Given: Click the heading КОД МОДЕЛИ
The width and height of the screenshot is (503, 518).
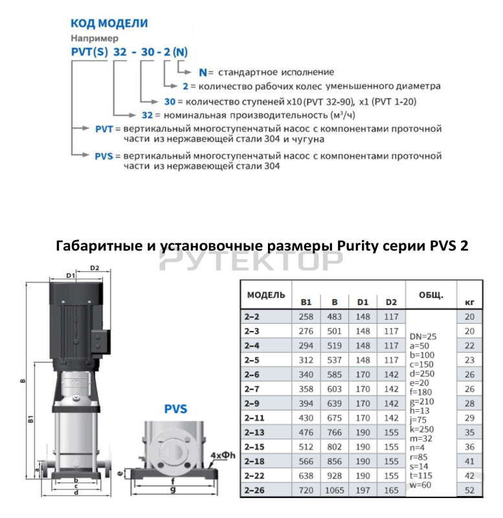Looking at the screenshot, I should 109,23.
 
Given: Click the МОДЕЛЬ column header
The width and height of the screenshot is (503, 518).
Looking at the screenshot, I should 265,295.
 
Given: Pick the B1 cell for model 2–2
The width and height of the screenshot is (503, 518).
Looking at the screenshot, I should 306,316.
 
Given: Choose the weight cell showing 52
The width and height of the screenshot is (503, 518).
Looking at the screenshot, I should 470,491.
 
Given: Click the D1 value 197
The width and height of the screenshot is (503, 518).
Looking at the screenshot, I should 363,491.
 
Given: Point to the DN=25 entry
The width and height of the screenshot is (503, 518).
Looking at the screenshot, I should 424,337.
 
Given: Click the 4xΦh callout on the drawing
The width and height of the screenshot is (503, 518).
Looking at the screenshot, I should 222,455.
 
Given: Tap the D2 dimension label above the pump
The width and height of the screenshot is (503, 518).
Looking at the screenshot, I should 94,267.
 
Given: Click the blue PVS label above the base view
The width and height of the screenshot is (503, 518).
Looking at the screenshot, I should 175,409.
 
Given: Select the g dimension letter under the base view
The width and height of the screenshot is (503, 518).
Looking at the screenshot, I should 172,490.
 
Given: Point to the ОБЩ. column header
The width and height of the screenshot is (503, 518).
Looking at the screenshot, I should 430,295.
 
